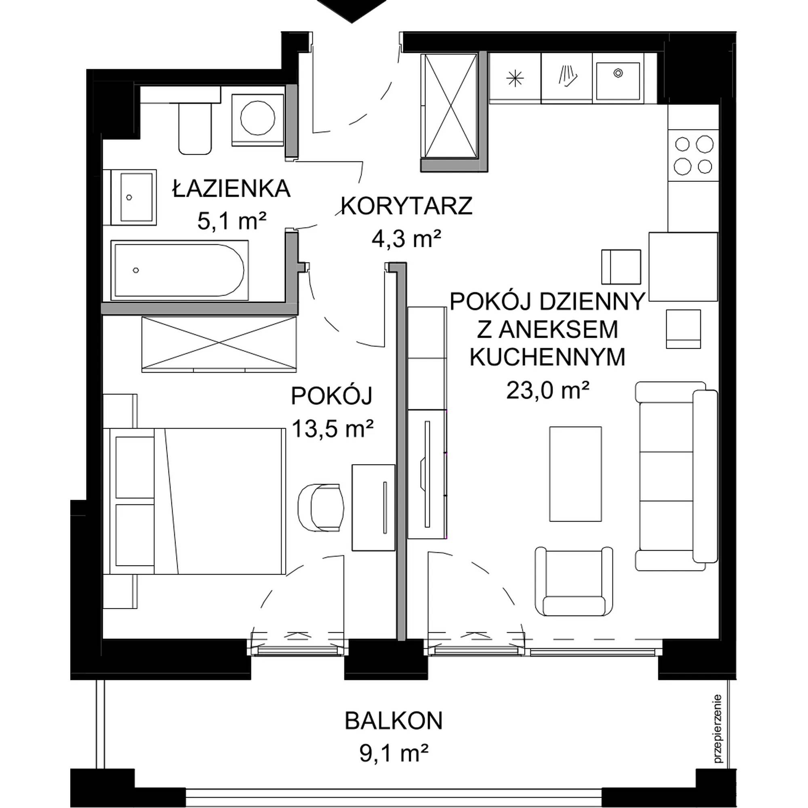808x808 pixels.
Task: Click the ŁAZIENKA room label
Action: point(231,189)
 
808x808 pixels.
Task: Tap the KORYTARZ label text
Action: point(406,206)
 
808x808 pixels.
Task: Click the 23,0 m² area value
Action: point(547,391)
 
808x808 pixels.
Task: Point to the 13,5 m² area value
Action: point(332,429)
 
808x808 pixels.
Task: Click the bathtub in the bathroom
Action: point(179,270)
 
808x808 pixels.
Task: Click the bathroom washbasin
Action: point(130,198)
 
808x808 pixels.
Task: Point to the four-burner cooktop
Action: point(693,155)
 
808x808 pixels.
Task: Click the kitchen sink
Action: point(618,81)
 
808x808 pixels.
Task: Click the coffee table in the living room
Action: point(575,474)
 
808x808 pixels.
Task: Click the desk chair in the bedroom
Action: point(321,508)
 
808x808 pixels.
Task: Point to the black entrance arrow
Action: point(351,11)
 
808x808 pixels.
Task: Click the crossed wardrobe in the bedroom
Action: point(219,345)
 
